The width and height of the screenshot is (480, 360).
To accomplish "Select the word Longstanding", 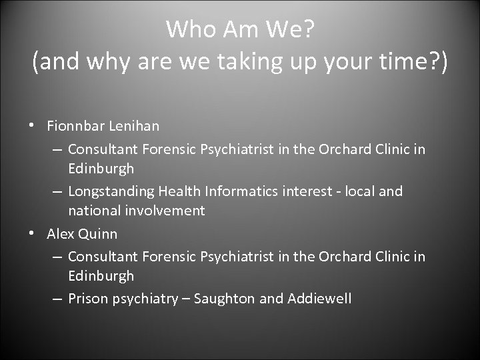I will pyautogui.click(x=111, y=191).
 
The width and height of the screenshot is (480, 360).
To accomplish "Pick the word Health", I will pyautogui.click(x=178, y=191).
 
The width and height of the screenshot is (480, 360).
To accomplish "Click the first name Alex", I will pyautogui.click(x=61, y=234).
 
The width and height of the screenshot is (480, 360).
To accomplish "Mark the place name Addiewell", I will pyautogui.click(x=319, y=299).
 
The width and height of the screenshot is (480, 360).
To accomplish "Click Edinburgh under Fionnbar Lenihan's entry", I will pyautogui.click(x=101, y=168).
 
